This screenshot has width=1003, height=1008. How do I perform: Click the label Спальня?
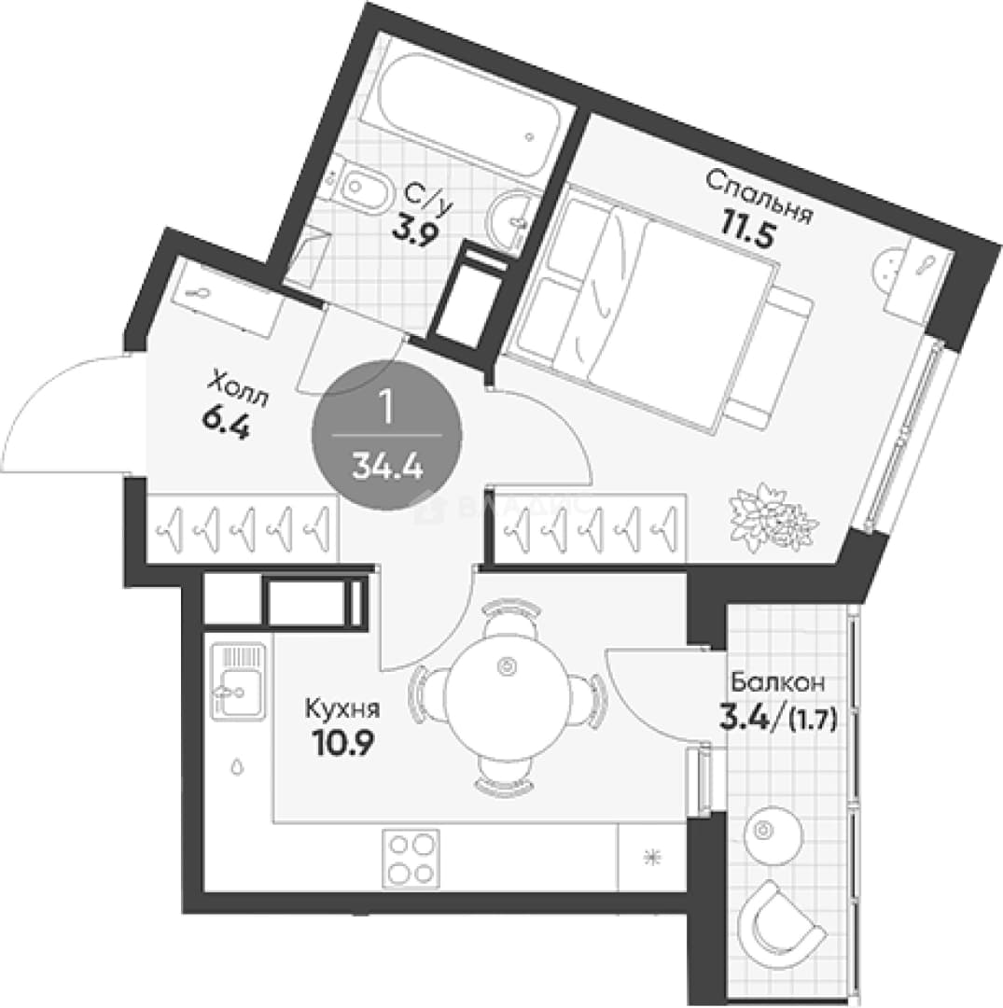tap(759, 195)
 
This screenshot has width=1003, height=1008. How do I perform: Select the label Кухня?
tap(341, 709)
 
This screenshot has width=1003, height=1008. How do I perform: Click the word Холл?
tap(238, 389)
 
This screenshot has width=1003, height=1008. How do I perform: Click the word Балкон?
tap(777, 682)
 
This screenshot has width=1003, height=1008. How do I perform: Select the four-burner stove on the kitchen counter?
tap(411, 859)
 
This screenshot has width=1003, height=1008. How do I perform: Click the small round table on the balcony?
tap(773, 831)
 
